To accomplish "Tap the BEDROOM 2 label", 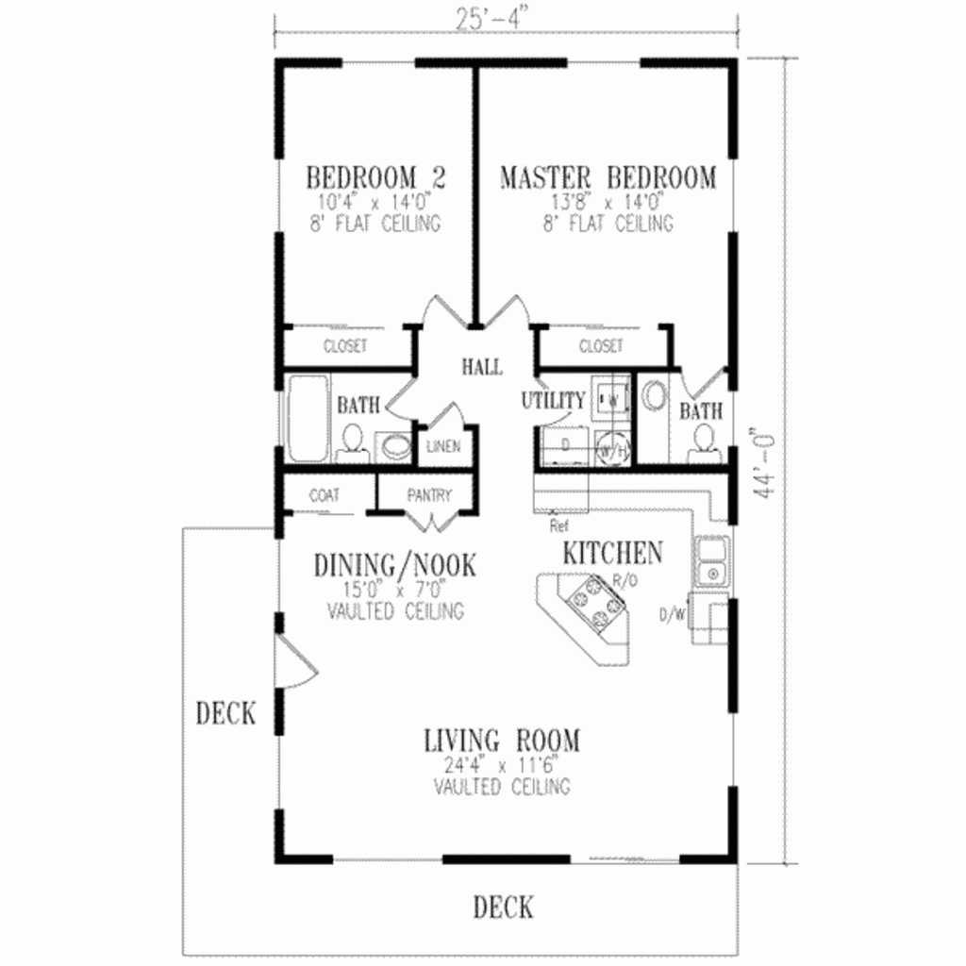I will point(376,177).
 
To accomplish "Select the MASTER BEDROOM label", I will point(608,177).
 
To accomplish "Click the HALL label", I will point(481,366).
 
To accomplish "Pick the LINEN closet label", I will point(443,446).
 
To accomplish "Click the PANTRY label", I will point(429,495).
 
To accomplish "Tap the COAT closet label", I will point(324,495).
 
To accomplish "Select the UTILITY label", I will point(553,401).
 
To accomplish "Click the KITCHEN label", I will point(612,553).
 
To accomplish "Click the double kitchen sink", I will point(710,561).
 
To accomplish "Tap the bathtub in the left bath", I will point(305,420).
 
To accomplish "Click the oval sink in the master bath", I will point(652,396).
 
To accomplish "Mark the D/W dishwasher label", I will point(672,616).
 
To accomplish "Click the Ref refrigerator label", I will point(558,525).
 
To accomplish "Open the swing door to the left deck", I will point(297,660).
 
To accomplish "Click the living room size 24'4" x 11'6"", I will point(502,765).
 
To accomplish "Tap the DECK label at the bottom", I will point(503,908).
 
